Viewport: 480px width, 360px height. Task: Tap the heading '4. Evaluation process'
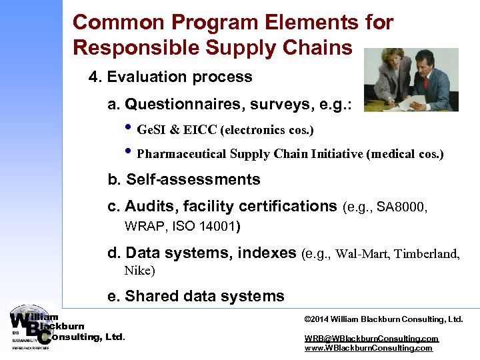coord(171,77)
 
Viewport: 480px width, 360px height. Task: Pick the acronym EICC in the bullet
coord(200,129)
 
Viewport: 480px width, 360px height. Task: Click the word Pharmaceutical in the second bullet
coord(181,154)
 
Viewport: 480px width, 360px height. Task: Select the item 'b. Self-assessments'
coord(184,180)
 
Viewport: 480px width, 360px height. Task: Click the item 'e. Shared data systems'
coord(196,297)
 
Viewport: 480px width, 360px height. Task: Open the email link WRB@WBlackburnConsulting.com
coord(371,339)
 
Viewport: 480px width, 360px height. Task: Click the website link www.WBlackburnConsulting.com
coord(368,348)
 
